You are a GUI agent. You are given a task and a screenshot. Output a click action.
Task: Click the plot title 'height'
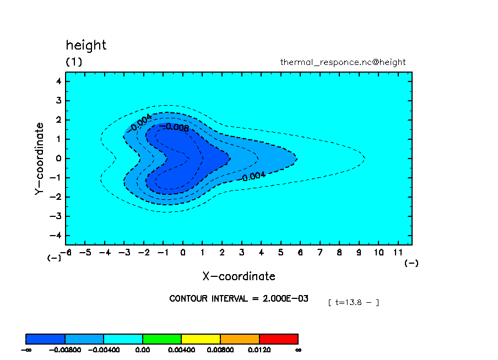click(86, 46)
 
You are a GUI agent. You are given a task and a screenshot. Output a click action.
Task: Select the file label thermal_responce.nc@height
click(343, 62)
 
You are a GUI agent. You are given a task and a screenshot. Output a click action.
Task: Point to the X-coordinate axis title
click(239, 276)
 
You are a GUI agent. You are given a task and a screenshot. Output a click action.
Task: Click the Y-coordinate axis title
click(39, 159)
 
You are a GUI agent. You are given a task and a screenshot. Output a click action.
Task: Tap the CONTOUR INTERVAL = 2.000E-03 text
click(239, 298)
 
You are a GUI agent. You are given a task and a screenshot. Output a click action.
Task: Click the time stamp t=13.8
click(353, 302)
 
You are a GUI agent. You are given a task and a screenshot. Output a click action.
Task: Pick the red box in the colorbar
click(278, 339)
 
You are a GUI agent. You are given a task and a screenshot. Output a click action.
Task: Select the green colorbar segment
click(162, 339)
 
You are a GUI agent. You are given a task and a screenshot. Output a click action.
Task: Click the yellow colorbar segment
click(201, 339)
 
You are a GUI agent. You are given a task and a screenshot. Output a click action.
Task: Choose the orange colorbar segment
click(240, 339)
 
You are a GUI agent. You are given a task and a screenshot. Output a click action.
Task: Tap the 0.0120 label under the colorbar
click(259, 349)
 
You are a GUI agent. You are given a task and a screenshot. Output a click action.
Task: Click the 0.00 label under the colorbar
click(143, 349)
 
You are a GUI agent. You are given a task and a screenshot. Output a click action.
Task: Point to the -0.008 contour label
click(174, 128)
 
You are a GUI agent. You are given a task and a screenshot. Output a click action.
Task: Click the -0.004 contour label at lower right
click(253, 177)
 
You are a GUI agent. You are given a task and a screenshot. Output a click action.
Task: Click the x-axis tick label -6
click(67, 252)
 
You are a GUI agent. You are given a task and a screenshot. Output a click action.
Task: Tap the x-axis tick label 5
click(281, 252)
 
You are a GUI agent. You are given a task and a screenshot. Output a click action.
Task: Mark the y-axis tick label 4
click(59, 81)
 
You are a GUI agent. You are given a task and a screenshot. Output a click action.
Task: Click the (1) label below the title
click(74, 62)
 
